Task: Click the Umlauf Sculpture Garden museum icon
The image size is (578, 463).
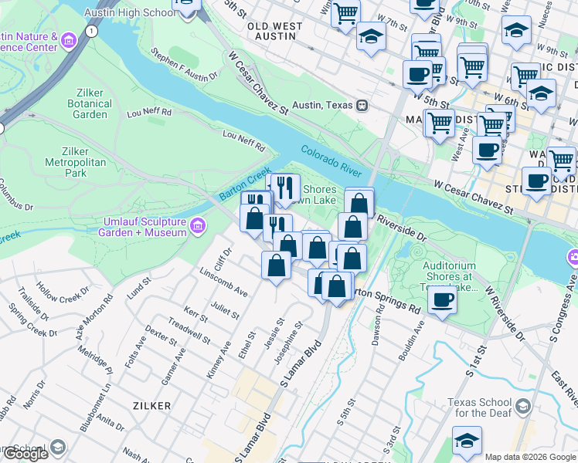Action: pos(198,225)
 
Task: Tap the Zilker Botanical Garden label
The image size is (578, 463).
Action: pos(90,103)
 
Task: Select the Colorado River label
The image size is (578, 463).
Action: pos(331,160)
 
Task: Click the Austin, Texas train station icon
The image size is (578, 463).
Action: pos(361,105)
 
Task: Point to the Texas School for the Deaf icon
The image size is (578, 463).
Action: pos(523,407)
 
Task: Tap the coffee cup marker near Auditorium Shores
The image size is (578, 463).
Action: pos(442,299)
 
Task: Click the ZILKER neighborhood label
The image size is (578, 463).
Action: pos(152,404)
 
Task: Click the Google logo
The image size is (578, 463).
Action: pos(25,454)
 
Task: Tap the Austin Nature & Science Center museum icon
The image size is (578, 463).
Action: pos(70,40)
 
